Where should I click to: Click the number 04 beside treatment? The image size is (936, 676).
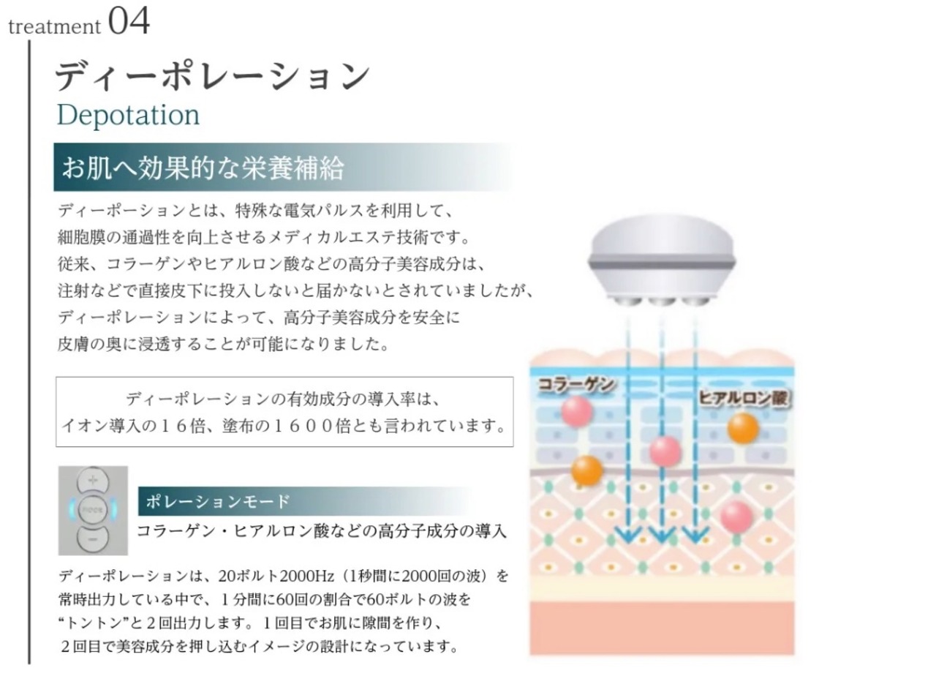coord(130,21)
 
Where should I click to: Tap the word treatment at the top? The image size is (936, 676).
coord(54,27)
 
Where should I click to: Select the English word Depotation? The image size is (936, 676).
coord(128,115)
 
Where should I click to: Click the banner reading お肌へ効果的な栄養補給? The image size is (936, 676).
coord(203,168)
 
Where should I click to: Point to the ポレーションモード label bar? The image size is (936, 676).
coord(218,501)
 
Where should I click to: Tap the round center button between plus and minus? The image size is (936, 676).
coord(93,509)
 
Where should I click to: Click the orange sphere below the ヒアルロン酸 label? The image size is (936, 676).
coord(743,428)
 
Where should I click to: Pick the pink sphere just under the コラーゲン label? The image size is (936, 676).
coord(577,410)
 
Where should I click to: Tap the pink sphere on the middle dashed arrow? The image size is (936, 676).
coord(665,451)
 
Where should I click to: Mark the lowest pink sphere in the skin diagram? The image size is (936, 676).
coord(736,517)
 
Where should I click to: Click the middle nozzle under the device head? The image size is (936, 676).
coord(661,301)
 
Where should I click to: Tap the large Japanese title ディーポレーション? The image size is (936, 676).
coord(213,75)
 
